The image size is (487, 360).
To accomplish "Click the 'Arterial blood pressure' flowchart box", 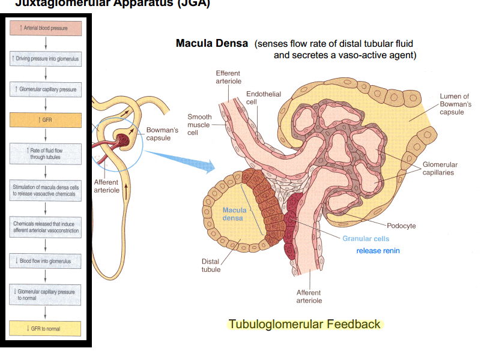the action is pos(46,28).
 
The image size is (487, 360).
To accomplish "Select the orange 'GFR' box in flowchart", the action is pos(46,120).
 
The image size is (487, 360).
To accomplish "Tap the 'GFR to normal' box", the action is pos(46,329).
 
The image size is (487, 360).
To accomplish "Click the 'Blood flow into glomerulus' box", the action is pos(46,261).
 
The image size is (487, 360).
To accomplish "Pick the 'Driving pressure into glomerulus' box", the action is pos(46,59).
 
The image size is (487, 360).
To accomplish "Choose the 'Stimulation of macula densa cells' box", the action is pos(46,191).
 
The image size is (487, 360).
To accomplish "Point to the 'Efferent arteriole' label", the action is pos(228,77).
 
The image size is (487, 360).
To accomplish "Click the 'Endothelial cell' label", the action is pos(263,98).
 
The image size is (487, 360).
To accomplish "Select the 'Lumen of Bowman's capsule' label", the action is pos(454,104).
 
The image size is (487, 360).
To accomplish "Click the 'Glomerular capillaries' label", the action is pos(440,169).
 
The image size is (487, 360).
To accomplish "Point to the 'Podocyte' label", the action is pos(401,226).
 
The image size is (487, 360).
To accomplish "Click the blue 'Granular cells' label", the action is pos(366,239).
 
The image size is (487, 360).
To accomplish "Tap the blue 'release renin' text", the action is pos(378,251).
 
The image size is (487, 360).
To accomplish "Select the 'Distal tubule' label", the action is pos(210,265).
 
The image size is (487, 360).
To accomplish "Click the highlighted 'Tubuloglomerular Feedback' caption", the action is pos(304,324).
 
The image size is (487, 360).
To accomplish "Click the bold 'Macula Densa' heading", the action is pos(211,44).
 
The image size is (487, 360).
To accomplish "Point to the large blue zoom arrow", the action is pos(180,159).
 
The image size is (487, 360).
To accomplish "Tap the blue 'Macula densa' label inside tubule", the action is pos(234,214).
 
